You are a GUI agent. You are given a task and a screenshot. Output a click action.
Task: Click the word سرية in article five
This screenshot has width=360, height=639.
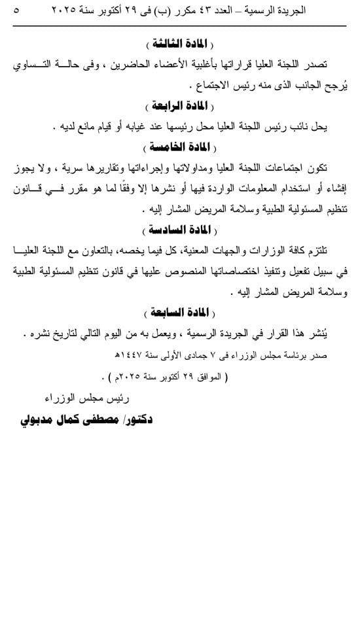[x=92, y=169]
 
